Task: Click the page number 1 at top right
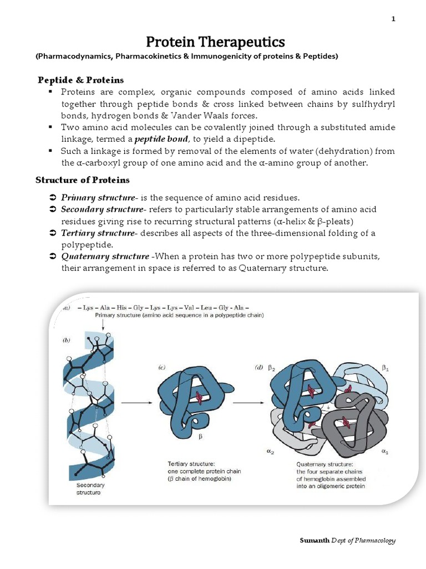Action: coord(393,19)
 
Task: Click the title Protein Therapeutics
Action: coord(215,42)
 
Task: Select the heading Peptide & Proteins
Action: coord(80,80)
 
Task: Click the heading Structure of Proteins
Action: coord(83,179)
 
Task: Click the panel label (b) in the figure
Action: coord(67,341)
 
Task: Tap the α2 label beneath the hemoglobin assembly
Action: coord(270,452)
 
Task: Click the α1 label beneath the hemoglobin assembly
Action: coord(384,452)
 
